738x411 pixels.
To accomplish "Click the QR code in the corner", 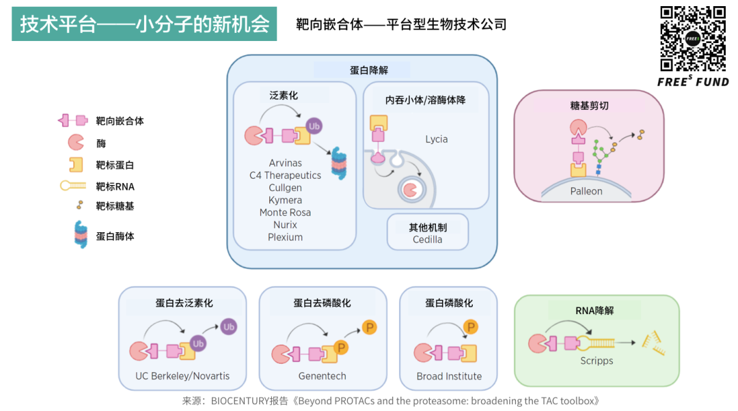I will click(693, 38).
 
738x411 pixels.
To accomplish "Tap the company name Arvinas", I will click(285, 163).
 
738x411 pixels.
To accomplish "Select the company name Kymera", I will click(285, 200).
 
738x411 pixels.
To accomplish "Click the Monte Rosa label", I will click(285, 212).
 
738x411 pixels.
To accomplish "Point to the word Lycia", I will click(436, 139).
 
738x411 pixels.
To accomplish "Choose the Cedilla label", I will click(427, 240).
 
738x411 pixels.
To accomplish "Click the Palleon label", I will click(586, 191).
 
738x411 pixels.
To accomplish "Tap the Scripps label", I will click(597, 360).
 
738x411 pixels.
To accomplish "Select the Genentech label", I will click(322, 376).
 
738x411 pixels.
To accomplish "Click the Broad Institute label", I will click(449, 376).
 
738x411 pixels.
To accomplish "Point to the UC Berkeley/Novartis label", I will click(182, 376).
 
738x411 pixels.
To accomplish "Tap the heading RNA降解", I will click(594, 311).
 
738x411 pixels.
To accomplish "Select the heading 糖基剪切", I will click(589, 106).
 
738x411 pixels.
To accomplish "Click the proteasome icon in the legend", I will click(81, 236).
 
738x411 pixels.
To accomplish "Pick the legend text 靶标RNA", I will click(115, 186).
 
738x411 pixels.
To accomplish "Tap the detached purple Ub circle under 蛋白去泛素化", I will click(228, 327).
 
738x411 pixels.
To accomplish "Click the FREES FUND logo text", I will click(693, 82).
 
